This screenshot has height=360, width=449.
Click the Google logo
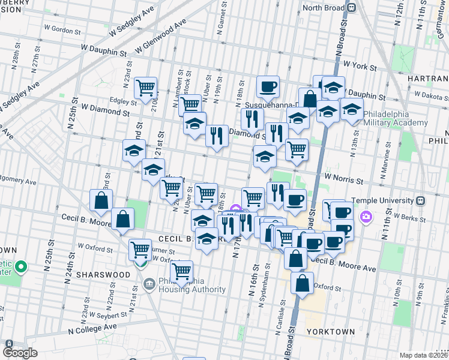coord(20,352)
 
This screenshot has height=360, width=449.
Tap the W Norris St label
coord(345,179)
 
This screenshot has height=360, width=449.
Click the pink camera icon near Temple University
coord(365,216)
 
